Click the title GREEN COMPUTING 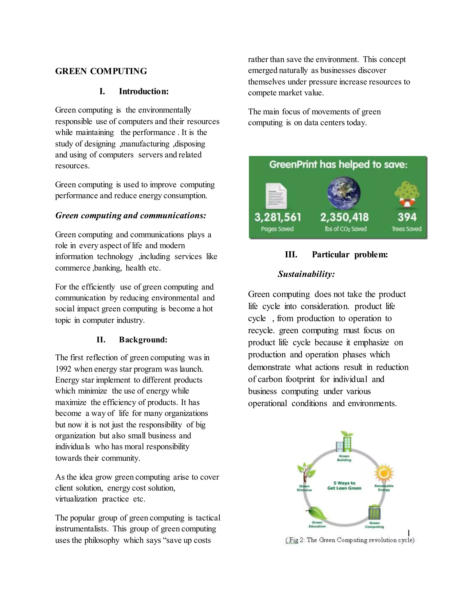[101, 71]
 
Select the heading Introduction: [144, 91]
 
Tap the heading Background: [143, 340]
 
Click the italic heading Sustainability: [306, 274]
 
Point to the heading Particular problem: [350, 255]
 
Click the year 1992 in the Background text [63, 369]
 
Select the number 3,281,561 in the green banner [277, 217]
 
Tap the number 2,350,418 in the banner [344, 217]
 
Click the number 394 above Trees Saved [407, 217]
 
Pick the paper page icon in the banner [276, 196]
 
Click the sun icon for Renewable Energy [384, 472]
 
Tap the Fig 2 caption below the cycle [350, 540]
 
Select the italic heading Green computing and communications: [130, 216]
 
